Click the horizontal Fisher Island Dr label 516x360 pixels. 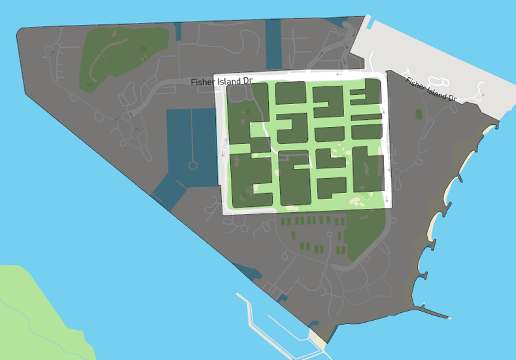(221, 81)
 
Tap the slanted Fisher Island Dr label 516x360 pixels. (430, 90)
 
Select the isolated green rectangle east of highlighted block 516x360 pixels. (419, 115)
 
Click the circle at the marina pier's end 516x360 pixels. (193, 166)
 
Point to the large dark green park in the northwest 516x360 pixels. (121, 56)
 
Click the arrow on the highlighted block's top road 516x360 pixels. (339, 74)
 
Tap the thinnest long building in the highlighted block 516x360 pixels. (366, 118)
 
